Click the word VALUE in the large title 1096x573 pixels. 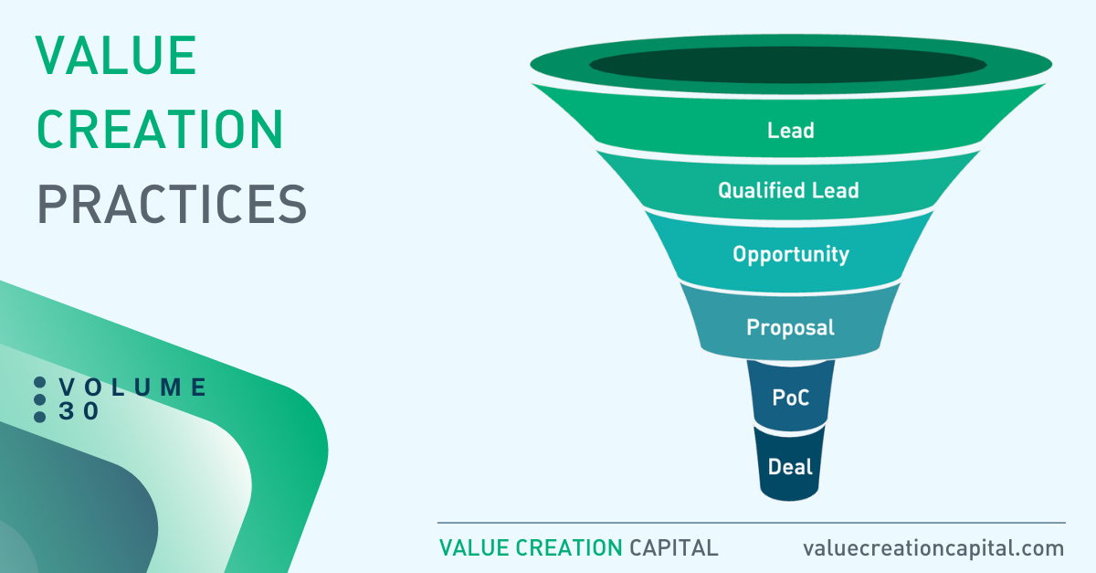coord(116,56)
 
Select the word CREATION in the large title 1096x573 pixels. coord(160,129)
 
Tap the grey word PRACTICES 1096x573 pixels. coord(172,204)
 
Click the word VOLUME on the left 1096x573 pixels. coord(133,387)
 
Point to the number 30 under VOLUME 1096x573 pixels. coord(79,411)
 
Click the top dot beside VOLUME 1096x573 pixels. coord(39,383)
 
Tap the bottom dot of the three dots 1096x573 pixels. coord(39,417)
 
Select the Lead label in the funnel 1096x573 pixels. coord(791,131)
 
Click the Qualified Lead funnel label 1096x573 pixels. coord(788,190)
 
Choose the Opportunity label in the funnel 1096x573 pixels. coord(791,255)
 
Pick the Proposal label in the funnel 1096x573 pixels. coord(790,328)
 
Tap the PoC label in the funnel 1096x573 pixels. coord(791,398)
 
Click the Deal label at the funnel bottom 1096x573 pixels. coord(790,467)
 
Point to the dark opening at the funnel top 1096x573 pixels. coord(787,65)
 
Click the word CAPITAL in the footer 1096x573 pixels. coord(673,548)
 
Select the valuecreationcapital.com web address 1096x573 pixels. coord(933,548)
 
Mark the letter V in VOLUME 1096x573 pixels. coord(67,387)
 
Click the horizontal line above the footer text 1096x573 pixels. coord(752,523)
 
